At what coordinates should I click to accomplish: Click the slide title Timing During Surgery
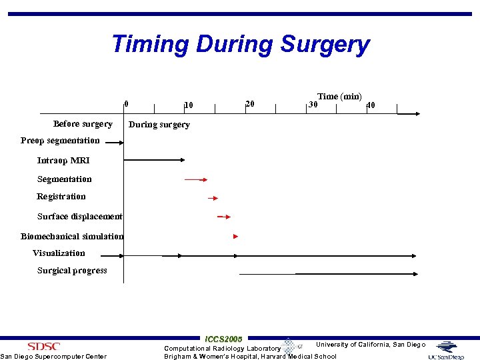[240, 45]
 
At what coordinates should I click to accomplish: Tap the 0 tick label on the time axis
[127, 103]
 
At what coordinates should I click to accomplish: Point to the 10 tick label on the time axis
[189, 105]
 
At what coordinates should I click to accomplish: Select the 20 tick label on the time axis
[250, 103]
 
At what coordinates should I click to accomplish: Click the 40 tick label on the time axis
[371, 105]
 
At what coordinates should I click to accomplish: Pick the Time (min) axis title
[339, 97]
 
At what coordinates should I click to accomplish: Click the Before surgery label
[83, 124]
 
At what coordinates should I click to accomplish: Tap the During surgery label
[159, 125]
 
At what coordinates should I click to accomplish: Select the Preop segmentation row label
[60, 141]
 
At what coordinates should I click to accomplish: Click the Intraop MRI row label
[63, 161]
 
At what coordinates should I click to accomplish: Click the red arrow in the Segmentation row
[196, 179]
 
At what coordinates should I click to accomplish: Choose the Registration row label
[61, 197]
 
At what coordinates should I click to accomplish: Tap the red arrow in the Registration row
[213, 198]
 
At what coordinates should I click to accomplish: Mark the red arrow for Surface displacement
[224, 217]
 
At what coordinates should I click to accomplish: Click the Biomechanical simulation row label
[72, 237]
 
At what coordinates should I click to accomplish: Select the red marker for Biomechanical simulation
[235, 237]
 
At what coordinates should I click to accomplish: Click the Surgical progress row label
[72, 271]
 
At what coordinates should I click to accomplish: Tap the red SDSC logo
[43, 346]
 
